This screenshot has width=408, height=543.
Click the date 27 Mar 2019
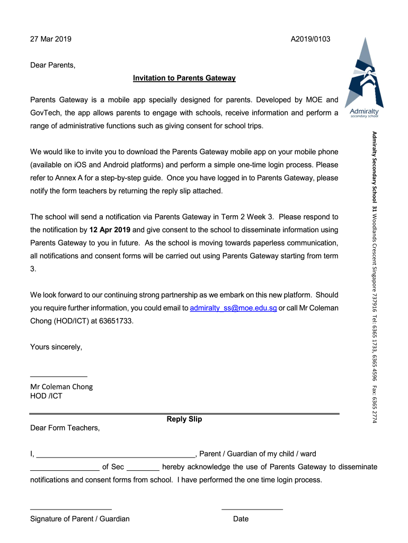coord(51,39)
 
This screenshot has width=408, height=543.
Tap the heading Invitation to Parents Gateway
coord(184,78)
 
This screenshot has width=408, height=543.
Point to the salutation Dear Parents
coord(53,66)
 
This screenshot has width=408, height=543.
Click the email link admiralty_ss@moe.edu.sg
coord(233,308)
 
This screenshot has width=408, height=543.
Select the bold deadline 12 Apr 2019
coord(110,230)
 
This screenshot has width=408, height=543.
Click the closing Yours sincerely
coord(56,347)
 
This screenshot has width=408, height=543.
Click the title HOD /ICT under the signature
coord(46,396)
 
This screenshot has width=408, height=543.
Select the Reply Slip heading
coord(184,419)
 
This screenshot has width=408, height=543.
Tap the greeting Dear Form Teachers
coord(65,427)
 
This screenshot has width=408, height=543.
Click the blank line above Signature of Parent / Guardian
coord(70,510)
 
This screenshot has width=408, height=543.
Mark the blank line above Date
coord(252,510)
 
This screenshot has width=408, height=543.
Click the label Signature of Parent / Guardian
coord(79,519)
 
